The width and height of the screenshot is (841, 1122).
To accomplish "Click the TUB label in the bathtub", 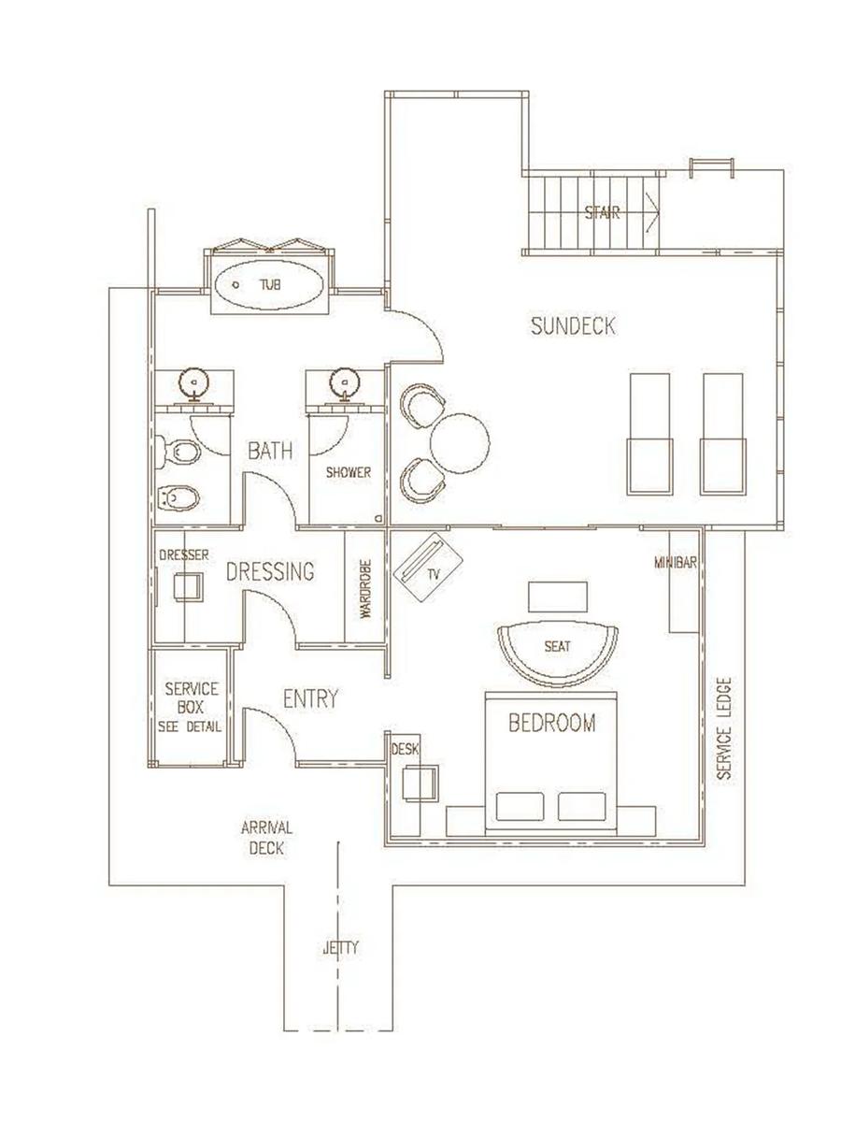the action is point(270,285).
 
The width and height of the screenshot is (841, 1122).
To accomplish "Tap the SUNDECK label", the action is point(573,326).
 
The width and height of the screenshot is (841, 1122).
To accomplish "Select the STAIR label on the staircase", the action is point(602,212).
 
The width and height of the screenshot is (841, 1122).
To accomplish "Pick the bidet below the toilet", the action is point(178,496).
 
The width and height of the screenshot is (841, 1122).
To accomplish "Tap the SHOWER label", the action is point(349,472).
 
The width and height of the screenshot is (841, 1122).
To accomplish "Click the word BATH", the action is point(270,452).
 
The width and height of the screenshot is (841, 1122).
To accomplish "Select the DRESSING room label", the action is point(270,571).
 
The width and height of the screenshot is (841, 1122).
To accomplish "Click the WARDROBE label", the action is point(366,589).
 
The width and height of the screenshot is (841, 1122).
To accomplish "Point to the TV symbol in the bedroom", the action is point(428,567).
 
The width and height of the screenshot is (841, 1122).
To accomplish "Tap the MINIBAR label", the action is point(676,563).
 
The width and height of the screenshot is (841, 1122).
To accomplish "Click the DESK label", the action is point(405,749).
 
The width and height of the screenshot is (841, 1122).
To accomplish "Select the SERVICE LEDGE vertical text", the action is point(724,728).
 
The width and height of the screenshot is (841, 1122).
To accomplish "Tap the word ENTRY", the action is point(310,698).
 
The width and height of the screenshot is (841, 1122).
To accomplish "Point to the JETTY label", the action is point(341,948).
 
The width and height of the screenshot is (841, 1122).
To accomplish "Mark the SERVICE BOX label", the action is point(192,708).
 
